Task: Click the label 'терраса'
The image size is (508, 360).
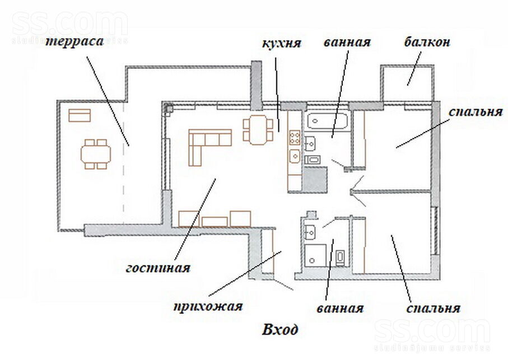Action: [74, 42]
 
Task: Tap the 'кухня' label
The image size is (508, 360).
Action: [282, 43]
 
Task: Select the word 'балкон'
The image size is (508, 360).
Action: [427, 42]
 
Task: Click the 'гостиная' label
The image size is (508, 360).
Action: [158, 268]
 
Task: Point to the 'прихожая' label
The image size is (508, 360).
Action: [208, 306]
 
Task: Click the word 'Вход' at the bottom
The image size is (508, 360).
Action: [280, 330]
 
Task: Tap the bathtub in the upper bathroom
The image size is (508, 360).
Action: [328, 121]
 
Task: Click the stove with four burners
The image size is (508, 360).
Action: [295, 137]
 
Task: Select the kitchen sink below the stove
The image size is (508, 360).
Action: [295, 156]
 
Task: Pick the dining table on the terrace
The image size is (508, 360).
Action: [96, 154]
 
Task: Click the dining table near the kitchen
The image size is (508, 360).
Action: [258, 130]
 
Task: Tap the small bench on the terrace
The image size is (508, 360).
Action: [80, 115]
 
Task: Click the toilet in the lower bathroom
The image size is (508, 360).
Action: [340, 258]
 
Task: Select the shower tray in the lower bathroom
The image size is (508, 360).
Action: [315, 256]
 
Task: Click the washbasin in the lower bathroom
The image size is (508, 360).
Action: [310, 232]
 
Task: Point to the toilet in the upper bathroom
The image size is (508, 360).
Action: [313, 160]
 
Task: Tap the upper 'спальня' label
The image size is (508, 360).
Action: [476, 112]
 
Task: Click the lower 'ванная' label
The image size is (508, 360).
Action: [340, 308]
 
